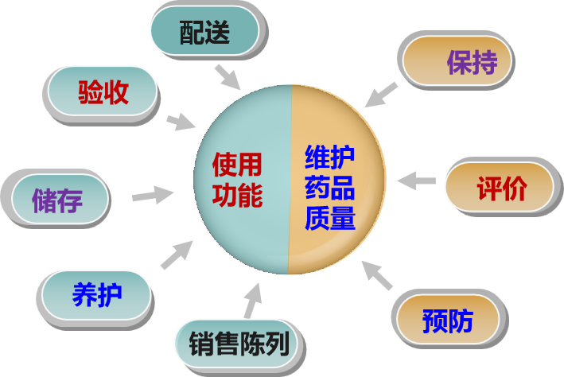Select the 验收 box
click(103, 92)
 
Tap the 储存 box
click(57, 199)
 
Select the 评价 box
click(501, 188)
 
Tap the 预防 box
click(448, 320)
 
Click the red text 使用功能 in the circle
click(237, 180)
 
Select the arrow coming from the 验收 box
click(181, 122)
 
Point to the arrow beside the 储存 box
click(152, 193)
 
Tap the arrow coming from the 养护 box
click(177, 254)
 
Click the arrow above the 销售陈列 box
click(251, 300)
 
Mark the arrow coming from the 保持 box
click(381, 94)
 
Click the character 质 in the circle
click(316, 217)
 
